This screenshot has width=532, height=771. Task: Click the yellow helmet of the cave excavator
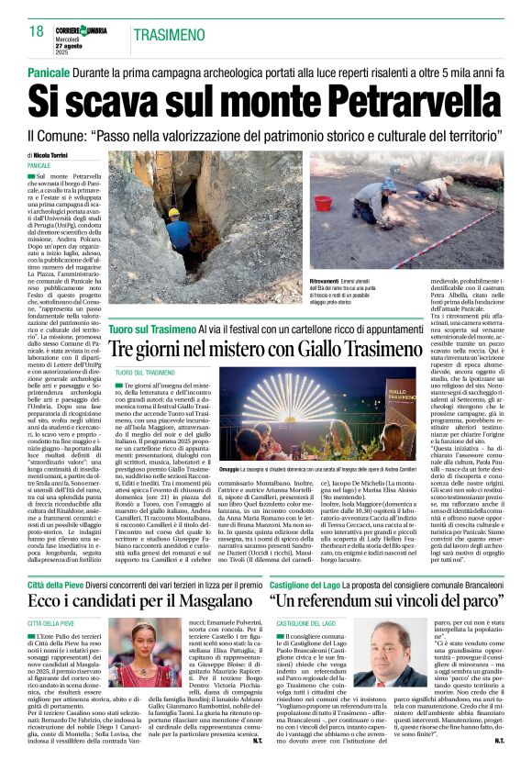coord(173,213)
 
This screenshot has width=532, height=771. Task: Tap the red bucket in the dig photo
coord(323,203)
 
